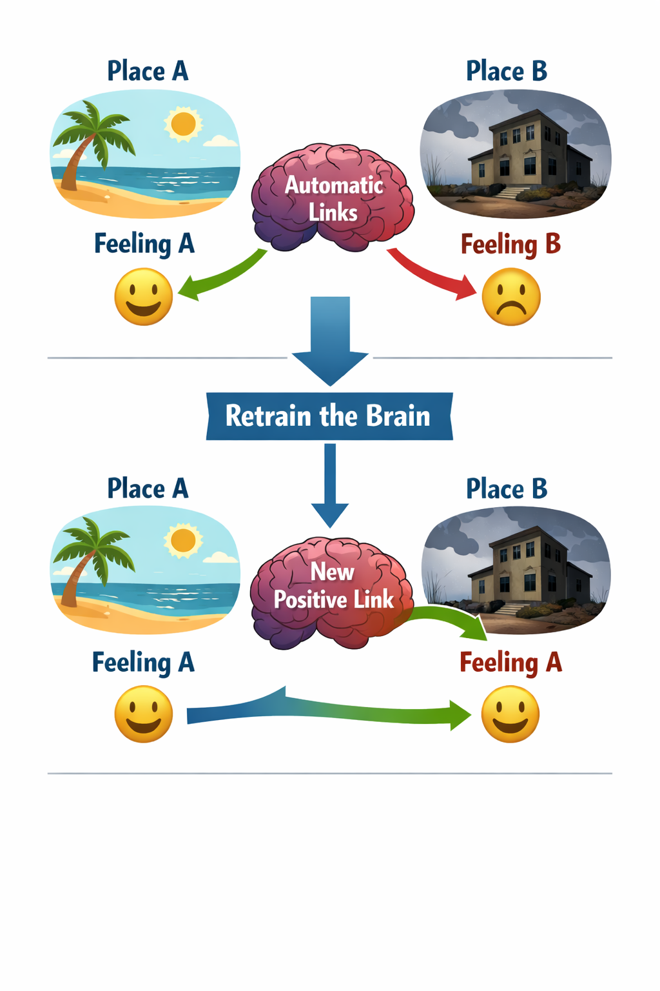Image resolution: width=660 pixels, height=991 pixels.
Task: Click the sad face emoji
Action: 511,297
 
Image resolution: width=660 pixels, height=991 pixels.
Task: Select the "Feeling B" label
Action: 510,245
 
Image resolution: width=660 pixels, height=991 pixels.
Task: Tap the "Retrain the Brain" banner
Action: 329,416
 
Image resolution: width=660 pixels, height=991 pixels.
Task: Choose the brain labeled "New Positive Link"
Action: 331,591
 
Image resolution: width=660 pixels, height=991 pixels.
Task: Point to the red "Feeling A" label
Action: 510,663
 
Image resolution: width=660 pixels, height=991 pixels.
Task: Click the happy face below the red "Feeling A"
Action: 510,714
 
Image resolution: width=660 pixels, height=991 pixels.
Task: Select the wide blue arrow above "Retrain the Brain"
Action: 330,339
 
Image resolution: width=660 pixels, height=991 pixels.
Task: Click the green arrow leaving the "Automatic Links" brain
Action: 222,276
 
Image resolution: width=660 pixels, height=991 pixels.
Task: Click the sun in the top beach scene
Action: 183,123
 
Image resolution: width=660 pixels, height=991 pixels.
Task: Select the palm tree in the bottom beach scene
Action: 90,555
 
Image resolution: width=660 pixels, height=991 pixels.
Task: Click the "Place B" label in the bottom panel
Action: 507,489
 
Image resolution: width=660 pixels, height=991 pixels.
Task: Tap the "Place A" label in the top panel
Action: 148,71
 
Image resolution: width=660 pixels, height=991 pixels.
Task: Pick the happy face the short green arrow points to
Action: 144,297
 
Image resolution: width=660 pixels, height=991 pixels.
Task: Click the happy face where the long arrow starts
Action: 144,714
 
